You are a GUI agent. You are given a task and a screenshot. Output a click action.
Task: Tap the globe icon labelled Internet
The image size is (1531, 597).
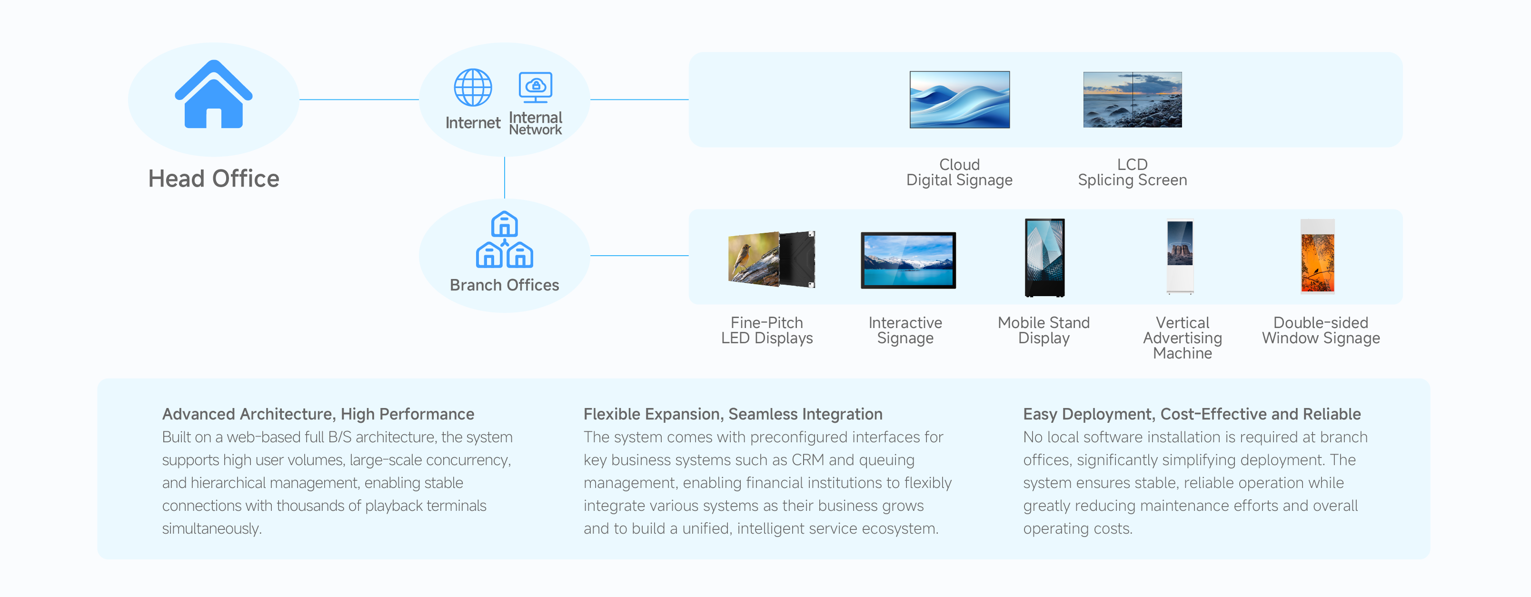473,88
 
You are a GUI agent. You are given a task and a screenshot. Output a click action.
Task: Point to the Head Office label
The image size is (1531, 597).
213,179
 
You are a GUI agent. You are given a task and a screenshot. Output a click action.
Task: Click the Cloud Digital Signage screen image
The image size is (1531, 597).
959,99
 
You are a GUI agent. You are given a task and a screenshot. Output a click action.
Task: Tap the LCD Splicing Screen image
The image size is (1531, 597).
1132,99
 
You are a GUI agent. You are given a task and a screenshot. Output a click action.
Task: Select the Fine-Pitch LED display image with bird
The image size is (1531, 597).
771,259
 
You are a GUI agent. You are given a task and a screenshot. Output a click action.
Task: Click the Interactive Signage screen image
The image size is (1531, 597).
907,260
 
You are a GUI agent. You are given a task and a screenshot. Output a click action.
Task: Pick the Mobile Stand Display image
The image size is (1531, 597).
1044,257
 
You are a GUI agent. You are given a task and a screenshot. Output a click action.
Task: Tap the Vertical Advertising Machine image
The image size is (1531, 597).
1180,257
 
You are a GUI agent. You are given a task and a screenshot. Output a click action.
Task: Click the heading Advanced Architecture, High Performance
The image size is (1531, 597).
318,414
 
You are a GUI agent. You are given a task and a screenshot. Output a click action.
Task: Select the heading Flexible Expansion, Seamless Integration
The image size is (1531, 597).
732,414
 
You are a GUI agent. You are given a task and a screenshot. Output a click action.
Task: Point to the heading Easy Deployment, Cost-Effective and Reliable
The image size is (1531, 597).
1192,414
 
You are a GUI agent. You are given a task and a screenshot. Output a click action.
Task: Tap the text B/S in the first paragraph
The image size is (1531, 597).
340,437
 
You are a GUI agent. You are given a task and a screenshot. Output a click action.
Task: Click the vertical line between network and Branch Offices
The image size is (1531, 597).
505,177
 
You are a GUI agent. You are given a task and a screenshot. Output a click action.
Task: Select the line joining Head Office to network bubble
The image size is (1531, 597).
359,99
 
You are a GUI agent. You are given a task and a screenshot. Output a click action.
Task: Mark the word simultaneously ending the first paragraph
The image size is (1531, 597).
211,528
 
